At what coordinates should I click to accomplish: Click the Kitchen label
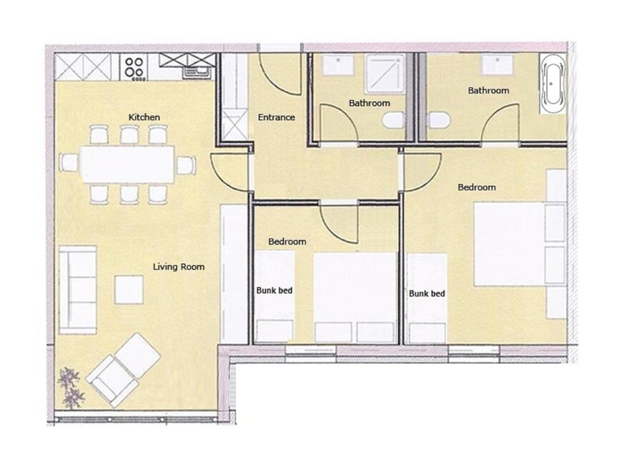coord(144,117)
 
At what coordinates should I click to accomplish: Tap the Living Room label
coord(179,267)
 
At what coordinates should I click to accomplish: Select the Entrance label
coord(277,117)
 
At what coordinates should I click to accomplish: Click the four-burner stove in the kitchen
coord(134,68)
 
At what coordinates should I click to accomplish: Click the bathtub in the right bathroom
coord(553,84)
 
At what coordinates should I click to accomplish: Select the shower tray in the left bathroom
coord(385,74)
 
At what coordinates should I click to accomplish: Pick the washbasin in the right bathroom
coord(497,64)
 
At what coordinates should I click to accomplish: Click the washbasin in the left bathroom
coord(339,64)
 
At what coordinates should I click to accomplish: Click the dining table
coord(127,164)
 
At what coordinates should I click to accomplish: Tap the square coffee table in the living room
coord(129,290)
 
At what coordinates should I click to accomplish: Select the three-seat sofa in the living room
coord(78,290)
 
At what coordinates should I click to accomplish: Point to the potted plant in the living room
coord(71,388)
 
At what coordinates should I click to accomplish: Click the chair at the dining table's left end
coord(69,163)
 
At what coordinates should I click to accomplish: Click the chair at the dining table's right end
coord(186,165)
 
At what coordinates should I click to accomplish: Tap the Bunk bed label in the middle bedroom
coord(274,290)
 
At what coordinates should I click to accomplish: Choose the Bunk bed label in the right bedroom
coord(427,294)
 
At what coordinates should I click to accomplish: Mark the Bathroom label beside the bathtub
coord(489,91)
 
